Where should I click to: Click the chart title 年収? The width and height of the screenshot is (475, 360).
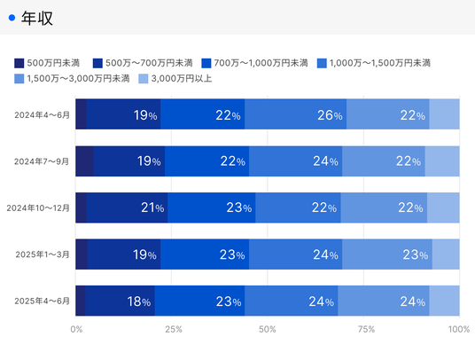[x=37, y=19]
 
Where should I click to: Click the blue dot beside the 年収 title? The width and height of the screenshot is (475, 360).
[x=12, y=19]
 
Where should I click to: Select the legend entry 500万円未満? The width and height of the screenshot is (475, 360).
[x=47, y=63]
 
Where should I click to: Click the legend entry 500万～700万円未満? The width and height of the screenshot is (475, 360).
[x=143, y=63]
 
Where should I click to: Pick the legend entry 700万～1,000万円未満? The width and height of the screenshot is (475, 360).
[x=254, y=63]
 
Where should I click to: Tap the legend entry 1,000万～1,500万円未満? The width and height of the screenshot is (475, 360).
[x=374, y=63]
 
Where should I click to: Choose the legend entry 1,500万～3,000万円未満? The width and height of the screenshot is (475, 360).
[x=72, y=79]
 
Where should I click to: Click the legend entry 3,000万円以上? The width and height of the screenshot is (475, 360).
[x=175, y=79]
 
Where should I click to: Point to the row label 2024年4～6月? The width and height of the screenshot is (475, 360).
[x=43, y=115]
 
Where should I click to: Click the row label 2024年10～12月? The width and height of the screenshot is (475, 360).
[x=38, y=207]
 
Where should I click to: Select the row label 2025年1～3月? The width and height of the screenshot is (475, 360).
[x=43, y=254]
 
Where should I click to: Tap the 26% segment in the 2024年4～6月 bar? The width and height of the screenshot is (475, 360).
[x=295, y=113]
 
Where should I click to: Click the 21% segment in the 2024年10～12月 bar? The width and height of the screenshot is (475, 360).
[x=127, y=207]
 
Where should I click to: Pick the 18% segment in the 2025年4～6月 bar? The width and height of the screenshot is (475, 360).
[x=120, y=301]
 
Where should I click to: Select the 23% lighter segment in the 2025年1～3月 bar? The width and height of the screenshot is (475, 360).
[x=387, y=254]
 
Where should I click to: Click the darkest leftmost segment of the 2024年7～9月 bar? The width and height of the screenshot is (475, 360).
[x=84, y=161]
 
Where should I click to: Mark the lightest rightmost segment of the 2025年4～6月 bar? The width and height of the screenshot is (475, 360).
[x=444, y=301]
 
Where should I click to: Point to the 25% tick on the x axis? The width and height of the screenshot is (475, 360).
[x=174, y=329]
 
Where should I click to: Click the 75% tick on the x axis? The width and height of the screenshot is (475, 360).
[x=366, y=329]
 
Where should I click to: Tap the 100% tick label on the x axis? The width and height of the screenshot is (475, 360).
[x=459, y=329]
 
